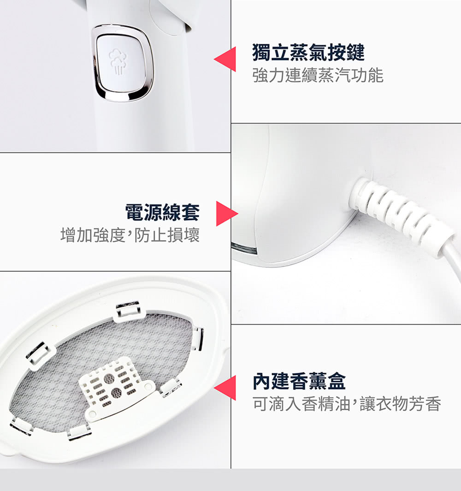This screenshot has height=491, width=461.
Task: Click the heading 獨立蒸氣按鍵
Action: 308,52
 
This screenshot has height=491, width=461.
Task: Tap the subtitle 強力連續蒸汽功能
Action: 318,76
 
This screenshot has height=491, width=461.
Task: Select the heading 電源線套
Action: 162,212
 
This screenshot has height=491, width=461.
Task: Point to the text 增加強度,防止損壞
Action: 130,235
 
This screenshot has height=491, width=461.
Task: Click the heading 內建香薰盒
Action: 299,381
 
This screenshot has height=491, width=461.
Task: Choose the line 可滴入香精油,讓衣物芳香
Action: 347,404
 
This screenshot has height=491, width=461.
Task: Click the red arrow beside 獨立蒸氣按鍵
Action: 225,59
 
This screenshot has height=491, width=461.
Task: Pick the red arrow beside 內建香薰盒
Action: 225,388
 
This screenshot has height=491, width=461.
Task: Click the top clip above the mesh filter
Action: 128,311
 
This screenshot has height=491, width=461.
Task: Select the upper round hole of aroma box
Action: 109,378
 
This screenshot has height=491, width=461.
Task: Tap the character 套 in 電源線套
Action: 190,212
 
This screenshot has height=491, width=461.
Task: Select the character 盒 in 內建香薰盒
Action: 337,381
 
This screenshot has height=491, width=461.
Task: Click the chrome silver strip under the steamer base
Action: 244,248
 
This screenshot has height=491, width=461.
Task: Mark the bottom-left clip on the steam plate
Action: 21,427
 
